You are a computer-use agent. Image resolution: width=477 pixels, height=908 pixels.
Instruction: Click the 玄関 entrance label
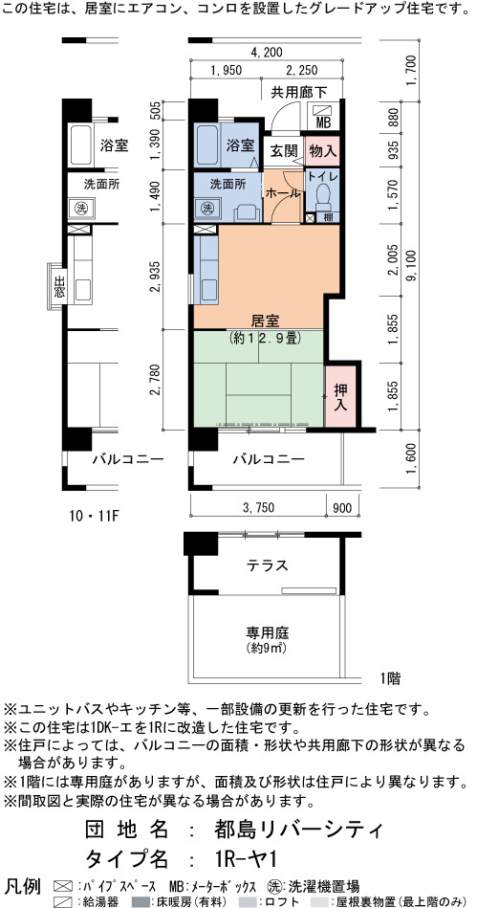pos(283,152)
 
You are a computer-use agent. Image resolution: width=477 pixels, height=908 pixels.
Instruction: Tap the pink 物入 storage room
pos(322,151)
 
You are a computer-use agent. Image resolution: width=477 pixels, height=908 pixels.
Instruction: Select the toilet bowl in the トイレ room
pos(323,197)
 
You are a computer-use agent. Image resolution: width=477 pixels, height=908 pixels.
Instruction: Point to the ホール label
pos(283,193)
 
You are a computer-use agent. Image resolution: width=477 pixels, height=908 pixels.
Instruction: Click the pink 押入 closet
pos(341,395)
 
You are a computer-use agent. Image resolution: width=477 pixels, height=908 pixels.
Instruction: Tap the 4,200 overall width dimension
pos(267,53)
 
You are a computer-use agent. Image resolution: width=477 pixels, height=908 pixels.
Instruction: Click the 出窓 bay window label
pos(59,285)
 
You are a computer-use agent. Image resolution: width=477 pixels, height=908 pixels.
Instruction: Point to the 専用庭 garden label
pos(267,632)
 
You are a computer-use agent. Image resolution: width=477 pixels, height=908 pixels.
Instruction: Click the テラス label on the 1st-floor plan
pos(267,565)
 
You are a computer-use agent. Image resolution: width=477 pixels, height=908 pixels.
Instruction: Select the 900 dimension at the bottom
pos(343,507)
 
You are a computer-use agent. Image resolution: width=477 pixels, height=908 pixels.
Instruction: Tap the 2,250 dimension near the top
pos(302,71)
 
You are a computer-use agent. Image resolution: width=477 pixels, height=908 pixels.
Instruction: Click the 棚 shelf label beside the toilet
pos(328,218)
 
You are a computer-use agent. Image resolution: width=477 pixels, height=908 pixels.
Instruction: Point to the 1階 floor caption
pos(391,677)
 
